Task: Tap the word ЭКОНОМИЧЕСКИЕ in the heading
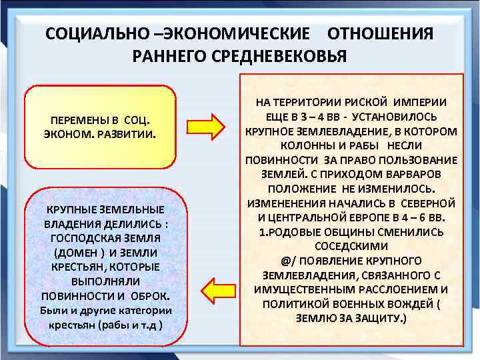click(244, 34)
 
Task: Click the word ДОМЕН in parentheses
click(76, 252)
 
